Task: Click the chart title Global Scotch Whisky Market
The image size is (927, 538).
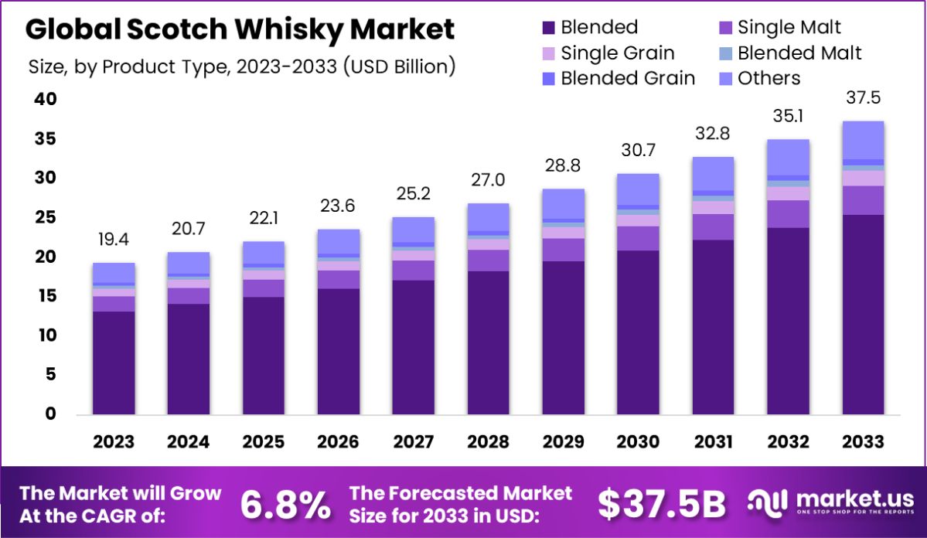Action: [x=240, y=29]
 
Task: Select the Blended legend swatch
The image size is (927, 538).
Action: [x=548, y=28]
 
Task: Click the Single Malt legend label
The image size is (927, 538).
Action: [x=789, y=28]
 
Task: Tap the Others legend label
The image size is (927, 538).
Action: [x=769, y=78]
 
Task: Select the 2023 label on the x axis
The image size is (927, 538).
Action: [x=114, y=442]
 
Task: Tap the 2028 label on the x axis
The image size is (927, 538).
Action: [x=488, y=442]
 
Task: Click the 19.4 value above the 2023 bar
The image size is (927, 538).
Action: [x=114, y=240]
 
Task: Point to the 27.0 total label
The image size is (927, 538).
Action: [x=488, y=180]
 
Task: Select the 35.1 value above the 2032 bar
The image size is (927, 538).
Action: [x=788, y=116]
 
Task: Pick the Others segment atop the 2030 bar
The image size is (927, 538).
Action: [x=638, y=189]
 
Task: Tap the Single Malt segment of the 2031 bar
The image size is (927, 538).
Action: [x=713, y=226]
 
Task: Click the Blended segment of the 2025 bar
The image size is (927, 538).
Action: [x=264, y=356]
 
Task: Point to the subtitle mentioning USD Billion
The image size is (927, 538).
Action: [x=241, y=66]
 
